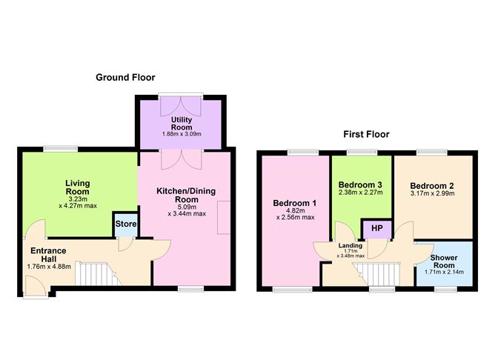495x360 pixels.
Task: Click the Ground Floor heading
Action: [x=125, y=77]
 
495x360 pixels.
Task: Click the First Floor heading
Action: [x=366, y=134]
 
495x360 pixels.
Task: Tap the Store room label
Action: [x=126, y=224]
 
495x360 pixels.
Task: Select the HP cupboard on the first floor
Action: [x=377, y=228]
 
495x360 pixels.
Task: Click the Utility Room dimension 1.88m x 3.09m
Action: [x=182, y=134]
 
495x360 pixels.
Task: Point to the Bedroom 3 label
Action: [x=360, y=184]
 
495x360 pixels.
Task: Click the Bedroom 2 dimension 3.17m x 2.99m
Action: [x=432, y=193]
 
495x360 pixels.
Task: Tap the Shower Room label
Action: [x=444, y=261]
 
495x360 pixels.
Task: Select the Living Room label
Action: [x=77, y=187]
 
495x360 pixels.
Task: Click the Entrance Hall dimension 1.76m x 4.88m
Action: [x=49, y=267]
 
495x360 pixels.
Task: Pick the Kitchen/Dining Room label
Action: [x=186, y=195]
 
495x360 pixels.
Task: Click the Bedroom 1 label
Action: [x=294, y=203]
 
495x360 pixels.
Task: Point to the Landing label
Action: [x=351, y=245]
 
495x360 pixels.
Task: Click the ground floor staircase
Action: [x=98, y=273]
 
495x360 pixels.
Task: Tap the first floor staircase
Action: [x=378, y=274]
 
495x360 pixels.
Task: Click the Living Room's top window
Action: [x=60, y=149]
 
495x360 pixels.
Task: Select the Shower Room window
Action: [x=445, y=289]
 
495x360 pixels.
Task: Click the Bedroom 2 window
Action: [x=431, y=153]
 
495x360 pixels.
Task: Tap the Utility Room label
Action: [x=182, y=124]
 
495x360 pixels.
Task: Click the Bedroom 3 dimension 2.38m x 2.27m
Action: [x=361, y=193]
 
